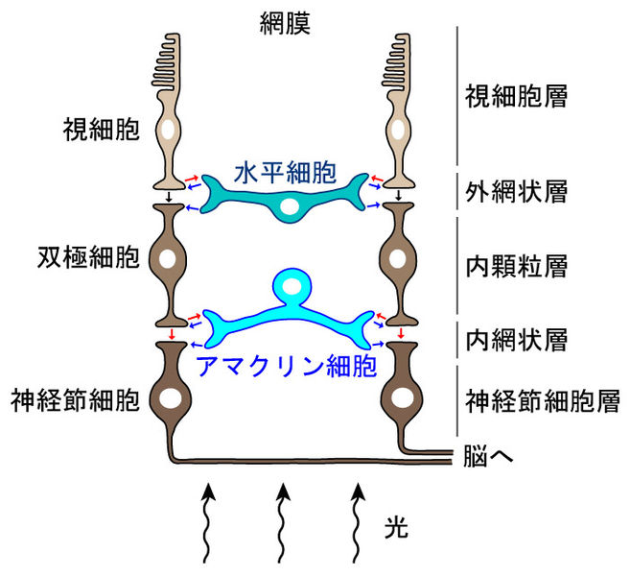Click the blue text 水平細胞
[x=285, y=173]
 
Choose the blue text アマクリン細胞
[x=285, y=366]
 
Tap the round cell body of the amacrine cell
[x=292, y=285]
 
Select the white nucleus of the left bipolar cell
[x=170, y=259]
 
